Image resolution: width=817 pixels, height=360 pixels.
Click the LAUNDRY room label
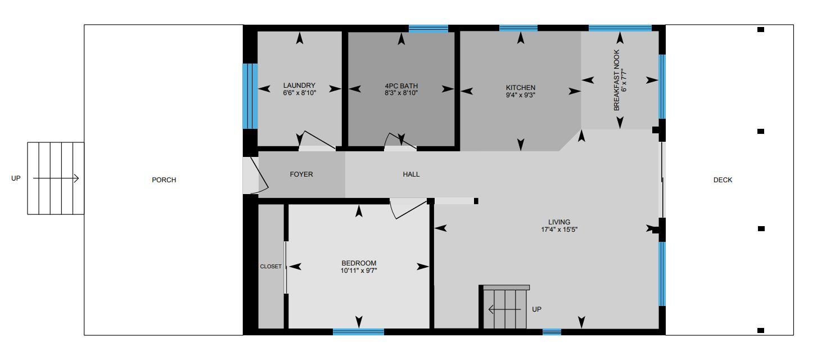tap(299, 86)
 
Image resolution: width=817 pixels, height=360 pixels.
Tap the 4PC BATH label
tap(401, 86)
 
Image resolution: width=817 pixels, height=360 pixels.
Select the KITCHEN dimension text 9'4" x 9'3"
tap(520, 96)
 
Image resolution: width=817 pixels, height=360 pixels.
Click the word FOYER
tap(301, 174)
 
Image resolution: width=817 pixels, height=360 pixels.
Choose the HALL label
tap(411, 174)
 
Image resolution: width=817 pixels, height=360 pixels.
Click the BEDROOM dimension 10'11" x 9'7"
tap(359, 271)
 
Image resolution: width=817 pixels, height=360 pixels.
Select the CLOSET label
tap(270, 267)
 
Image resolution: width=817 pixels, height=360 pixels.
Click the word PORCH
tap(164, 180)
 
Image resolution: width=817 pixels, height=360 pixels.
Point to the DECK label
tap(723, 180)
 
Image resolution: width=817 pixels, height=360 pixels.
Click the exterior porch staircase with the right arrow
tap(56, 178)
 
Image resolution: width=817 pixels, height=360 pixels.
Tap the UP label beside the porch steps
tap(16, 178)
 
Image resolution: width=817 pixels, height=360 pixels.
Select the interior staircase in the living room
tap(505, 308)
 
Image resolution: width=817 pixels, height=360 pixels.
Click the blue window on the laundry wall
tap(250, 96)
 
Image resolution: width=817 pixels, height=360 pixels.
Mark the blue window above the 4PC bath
tap(428, 28)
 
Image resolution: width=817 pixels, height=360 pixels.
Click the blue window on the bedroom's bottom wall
tap(358, 332)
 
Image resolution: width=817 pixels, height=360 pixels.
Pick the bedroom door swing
tap(408, 208)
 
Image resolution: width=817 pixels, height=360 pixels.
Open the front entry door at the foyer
tap(251, 175)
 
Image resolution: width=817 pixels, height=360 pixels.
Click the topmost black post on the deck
tap(760, 30)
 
